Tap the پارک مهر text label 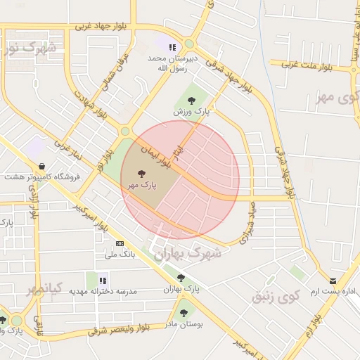point(142,184)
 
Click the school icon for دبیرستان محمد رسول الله point(172,47)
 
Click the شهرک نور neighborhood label point(30,49)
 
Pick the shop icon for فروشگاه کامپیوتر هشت point(43,167)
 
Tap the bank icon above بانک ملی point(118,243)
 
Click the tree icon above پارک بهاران point(181,278)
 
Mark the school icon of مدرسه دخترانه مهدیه point(91,280)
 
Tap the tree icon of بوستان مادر point(184,313)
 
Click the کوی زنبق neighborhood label point(276,296)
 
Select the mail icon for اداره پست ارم point(333,281)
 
